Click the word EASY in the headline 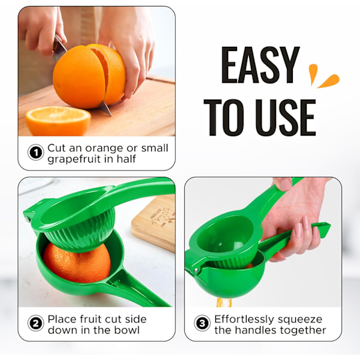point(260,65)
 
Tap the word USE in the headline point(286,118)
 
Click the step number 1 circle point(35,152)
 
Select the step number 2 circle point(35,323)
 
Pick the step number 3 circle point(202,323)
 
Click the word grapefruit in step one point(74,159)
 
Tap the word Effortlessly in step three point(244,319)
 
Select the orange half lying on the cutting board point(58,121)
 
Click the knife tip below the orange point(111,115)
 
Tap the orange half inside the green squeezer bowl point(77,262)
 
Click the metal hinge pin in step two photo point(28,219)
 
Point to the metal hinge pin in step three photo point(196,270)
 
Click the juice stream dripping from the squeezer point(223,302)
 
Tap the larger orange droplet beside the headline point(328,81)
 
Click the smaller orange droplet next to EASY point(313,74)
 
